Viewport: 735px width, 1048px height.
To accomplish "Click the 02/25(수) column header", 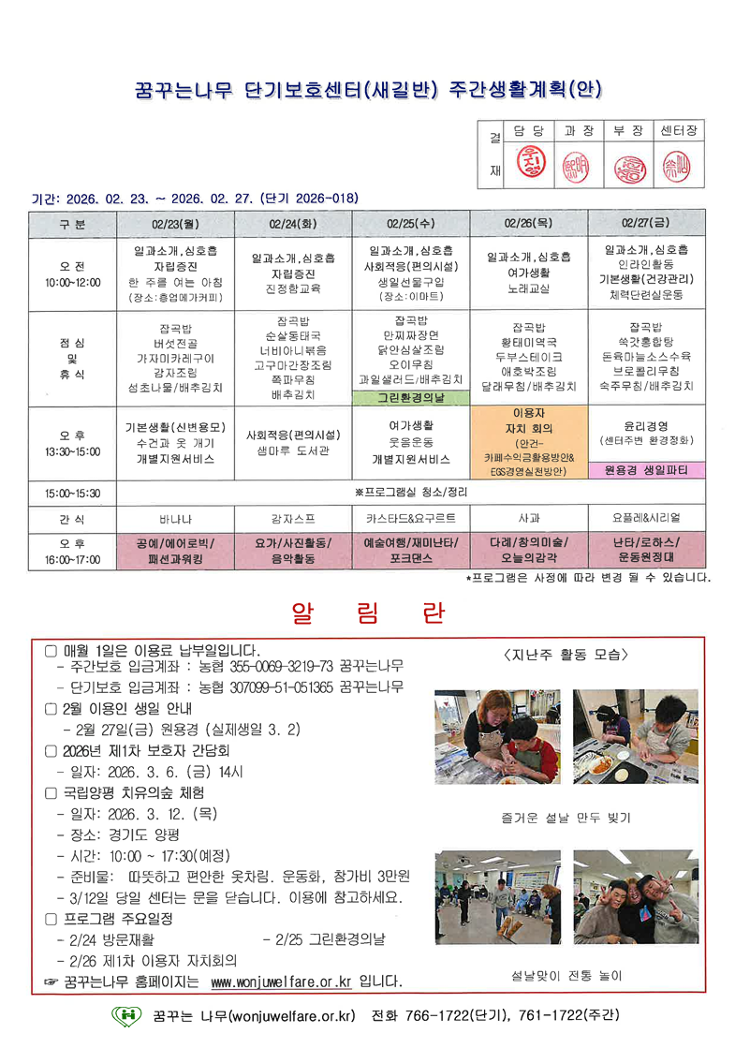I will (411, 224).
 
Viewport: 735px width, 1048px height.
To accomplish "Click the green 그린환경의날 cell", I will (411, 397).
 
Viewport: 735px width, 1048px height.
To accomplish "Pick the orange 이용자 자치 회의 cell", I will (529, 441).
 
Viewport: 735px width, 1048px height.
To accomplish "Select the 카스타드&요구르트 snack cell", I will (411, 516).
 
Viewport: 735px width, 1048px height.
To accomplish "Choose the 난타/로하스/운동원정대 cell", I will (647, 550).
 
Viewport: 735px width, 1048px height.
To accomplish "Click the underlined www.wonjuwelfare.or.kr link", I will (281, 982).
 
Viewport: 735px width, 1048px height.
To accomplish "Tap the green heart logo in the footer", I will (126, 1015).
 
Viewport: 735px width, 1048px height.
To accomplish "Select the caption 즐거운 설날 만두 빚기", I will (566, 817).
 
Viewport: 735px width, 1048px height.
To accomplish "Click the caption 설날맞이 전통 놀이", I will (566, 974).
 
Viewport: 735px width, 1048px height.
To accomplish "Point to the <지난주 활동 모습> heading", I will (566, 654).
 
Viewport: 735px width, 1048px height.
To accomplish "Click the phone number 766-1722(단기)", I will (454, 1015).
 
